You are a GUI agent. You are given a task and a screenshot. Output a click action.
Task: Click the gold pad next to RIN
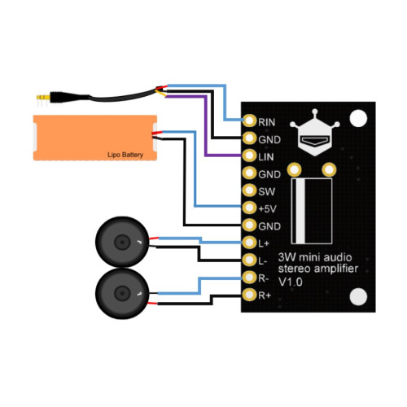[249, 120]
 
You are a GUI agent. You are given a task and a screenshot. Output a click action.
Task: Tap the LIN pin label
[265, 157]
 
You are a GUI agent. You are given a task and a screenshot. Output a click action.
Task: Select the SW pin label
[266, 191]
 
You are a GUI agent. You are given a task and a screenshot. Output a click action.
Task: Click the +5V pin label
[267, 209]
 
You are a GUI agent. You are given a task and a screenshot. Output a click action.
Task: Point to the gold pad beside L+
[249, 243]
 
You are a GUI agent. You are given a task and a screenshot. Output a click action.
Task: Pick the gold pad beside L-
[249, 260]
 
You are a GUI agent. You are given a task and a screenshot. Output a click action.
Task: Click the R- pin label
[263, 278]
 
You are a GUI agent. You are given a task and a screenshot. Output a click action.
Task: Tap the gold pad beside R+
[249, 295]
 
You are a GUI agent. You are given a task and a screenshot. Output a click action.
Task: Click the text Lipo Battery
[125, 155]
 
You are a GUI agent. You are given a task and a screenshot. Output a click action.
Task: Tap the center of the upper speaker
[122, 242]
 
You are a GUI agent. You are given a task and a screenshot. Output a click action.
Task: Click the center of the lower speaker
[122, 294]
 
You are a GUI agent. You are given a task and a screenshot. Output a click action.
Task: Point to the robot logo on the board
[315, 133]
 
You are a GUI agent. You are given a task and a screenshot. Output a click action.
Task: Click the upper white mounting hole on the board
[358, 118]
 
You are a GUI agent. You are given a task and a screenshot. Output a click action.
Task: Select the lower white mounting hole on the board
[358, 296]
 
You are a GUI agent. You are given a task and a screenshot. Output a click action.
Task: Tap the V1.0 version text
[291, 282]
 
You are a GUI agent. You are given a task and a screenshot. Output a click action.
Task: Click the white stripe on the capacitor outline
[300, 211]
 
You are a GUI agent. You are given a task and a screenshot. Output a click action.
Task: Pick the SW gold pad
[249, 190]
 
